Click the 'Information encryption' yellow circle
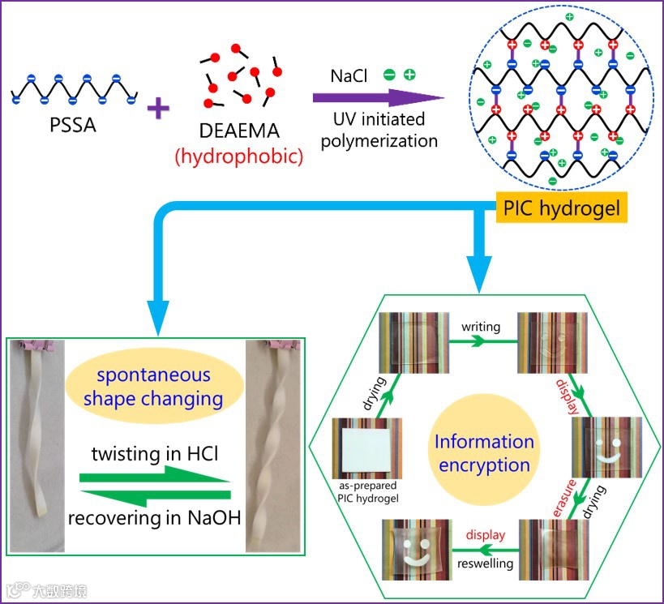[484, 452]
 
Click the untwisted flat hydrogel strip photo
[37, 434]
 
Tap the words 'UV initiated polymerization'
[379, 131]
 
